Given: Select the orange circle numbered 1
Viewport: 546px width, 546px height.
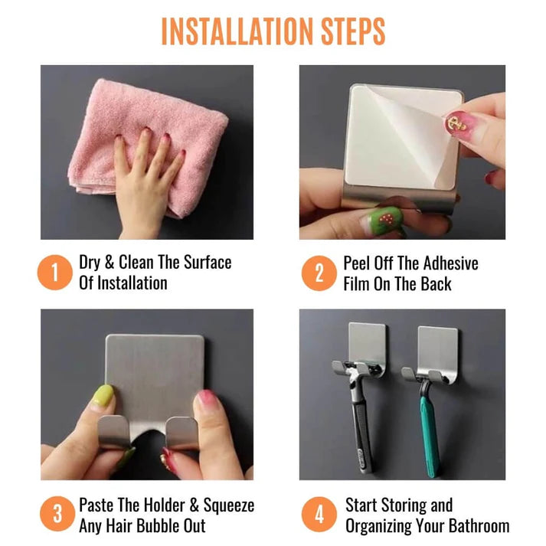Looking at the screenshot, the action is point(55,273).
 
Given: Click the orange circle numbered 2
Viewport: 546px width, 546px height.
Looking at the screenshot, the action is point(319,273).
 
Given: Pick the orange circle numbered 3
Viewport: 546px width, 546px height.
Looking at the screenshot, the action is point(57,514).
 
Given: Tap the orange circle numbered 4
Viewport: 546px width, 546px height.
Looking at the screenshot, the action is point(319,515).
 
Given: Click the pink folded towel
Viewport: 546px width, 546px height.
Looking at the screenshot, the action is point(148,146).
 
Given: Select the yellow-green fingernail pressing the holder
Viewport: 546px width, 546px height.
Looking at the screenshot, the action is point(103,396).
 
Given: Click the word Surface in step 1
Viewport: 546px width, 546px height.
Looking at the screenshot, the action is point(208,262).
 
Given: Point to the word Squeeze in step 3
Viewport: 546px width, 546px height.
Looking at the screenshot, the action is point(228,505).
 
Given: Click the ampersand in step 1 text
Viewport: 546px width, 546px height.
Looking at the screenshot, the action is point(110,262).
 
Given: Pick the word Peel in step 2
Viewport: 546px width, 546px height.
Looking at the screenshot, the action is point(357,263).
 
